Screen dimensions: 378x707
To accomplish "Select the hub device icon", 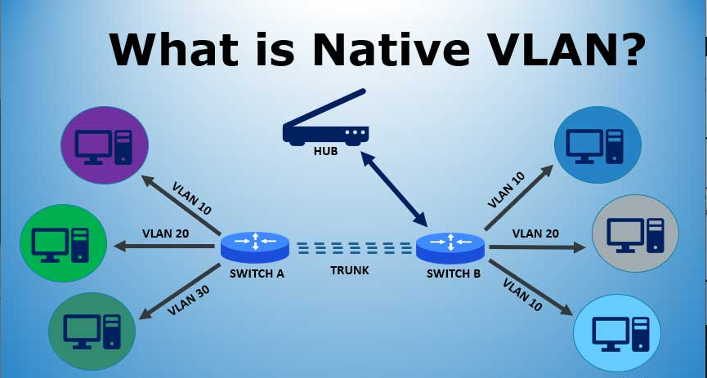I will click(326, 127).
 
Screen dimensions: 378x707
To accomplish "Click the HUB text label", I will click(325, 150).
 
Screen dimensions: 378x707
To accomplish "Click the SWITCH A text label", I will click(256, 273).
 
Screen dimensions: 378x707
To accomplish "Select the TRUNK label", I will click(350, 270).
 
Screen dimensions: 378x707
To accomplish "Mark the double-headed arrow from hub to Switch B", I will click(395, 189).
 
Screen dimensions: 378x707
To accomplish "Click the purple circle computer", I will click(105, 145).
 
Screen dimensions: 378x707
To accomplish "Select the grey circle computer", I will click(637, 233).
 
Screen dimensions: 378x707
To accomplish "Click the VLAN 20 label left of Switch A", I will click(165, 233).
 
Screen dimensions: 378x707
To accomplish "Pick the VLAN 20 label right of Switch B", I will click(535, 233).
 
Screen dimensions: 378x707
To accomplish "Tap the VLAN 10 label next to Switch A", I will click(192, 198).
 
